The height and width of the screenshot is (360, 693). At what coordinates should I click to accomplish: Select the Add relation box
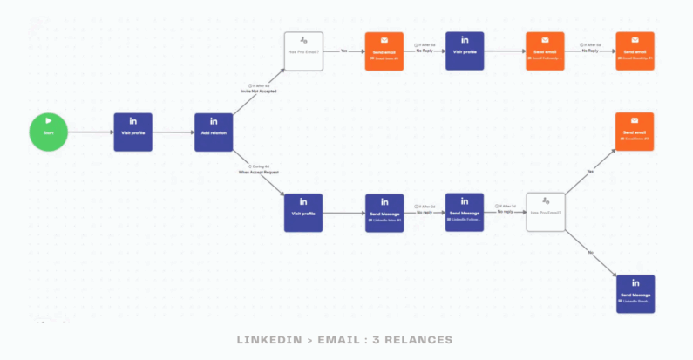214,132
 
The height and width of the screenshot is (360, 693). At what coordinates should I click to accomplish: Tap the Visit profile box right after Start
132,132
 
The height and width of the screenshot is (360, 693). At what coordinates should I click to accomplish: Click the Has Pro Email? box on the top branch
303,51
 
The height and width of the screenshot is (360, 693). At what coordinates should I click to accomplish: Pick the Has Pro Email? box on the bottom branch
546,213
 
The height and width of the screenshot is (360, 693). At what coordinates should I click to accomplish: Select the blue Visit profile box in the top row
465,51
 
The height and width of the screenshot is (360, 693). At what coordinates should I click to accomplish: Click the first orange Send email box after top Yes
384,51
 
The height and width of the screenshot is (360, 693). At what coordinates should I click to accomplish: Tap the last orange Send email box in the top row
635,51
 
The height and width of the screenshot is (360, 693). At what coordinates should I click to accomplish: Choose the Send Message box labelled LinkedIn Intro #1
384,213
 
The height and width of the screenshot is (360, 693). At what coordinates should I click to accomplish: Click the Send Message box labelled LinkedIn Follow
465,213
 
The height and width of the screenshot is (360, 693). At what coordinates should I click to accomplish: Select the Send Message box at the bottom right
635,294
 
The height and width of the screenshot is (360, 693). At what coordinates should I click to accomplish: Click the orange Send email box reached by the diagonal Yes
635,132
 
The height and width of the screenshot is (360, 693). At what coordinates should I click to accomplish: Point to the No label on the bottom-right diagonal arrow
591,252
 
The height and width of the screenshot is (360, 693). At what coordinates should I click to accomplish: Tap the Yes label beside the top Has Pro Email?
343,51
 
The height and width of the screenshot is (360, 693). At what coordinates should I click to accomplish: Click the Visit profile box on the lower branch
303,213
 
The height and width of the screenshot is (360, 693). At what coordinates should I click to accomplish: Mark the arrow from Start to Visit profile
90,132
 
